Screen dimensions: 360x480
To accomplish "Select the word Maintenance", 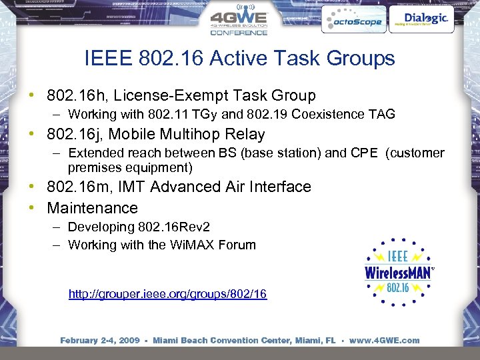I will click(x=93, y=208).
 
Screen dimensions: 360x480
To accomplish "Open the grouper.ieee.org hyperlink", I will click(x=167, y=294).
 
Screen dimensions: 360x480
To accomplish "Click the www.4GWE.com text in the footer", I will click(x=384, y=341).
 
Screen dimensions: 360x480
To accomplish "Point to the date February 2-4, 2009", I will click(x=99, y=341).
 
